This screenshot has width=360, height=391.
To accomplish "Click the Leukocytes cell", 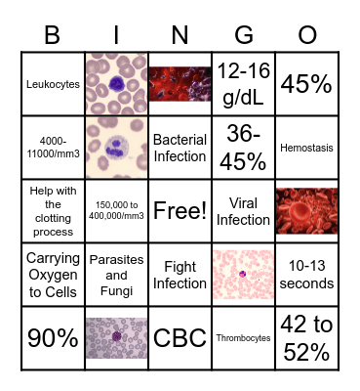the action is coord(53,84).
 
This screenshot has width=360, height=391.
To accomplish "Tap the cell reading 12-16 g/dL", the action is coord(243,84).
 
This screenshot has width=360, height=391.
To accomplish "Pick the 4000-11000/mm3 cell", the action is coord(53,148).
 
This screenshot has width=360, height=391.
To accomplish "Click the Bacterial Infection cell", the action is coord(180,148).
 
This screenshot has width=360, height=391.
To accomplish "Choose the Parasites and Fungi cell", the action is coord(116,275).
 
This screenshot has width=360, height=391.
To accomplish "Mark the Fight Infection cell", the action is coord(180,275).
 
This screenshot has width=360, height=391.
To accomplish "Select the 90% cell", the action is coord(53,338).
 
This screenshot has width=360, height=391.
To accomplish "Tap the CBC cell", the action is coord(180,338).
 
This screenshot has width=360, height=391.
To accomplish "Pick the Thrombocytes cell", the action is coord(243,338).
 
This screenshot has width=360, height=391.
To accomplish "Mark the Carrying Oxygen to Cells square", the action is coord(53,275).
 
